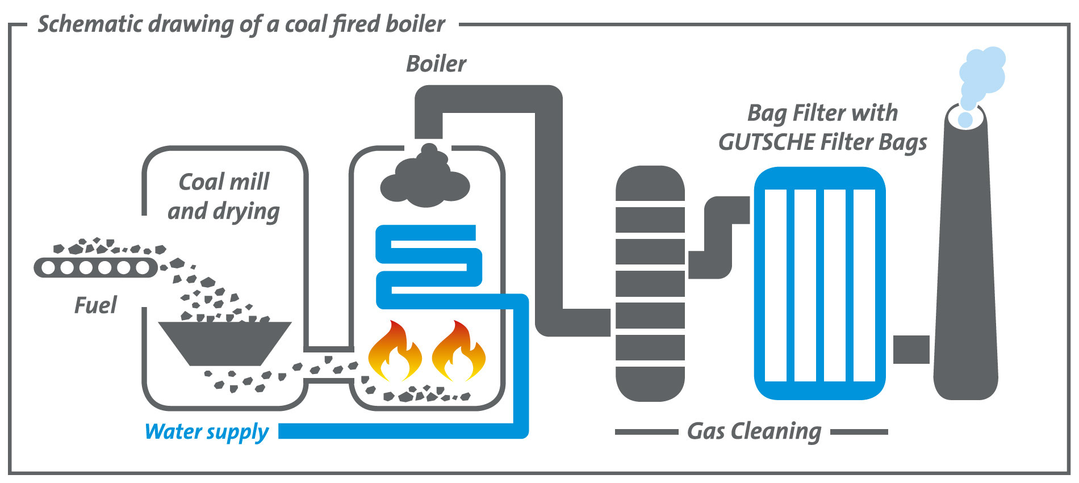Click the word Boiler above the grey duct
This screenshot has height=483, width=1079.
tap(436, 64)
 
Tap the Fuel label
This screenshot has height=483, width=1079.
tap(95, 305)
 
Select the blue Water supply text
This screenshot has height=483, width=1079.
tap(207, 432)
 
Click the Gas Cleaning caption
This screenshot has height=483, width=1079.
tap(754, 431)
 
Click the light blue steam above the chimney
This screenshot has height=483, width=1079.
tap(981, 77)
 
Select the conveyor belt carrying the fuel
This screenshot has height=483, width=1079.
tap(95, 267)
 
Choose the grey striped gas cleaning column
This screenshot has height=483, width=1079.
tap(650, 284)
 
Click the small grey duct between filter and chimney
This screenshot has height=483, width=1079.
tap(911, 349)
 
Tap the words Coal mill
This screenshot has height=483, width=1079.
tap(224, 182)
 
